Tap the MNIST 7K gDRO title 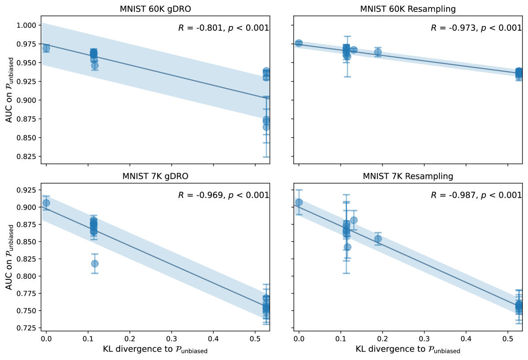click(x=155, y=177)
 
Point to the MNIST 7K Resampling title click(x=408, y=177)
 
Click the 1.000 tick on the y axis click(x=27, y=26)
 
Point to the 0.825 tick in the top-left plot click(x=27, y=156)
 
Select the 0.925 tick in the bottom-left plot click(x=27, y=190)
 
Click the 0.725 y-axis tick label click(x=27, y=328)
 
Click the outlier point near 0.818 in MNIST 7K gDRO click(x=95, y=264)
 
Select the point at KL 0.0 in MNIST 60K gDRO click(x=46, y=48)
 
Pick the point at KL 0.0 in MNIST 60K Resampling click(x=299, y=43)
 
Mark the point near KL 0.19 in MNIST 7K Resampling click(x=378, y=239)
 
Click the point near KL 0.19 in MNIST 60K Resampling click(x=378, y=52)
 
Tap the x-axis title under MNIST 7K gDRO click(x=155, y=351)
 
